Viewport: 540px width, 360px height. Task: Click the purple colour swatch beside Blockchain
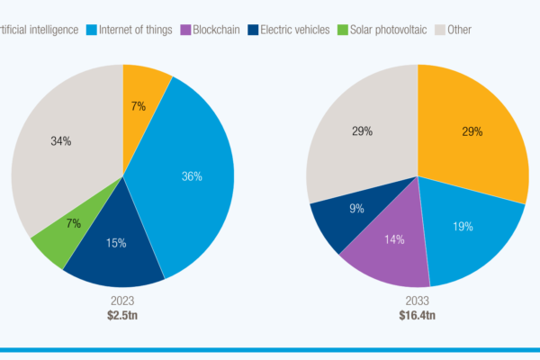pyautogui.click(x=185, y=30)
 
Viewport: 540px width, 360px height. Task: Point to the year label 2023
pyautogui.click(x=122, y=301)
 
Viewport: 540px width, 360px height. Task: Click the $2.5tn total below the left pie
pyautogui.click(x=122, y=315)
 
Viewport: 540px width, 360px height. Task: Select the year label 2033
pyautogui.click(x=417, y=301)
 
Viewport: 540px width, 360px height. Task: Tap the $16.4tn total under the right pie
pyautogui.click(x=417, y=315)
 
